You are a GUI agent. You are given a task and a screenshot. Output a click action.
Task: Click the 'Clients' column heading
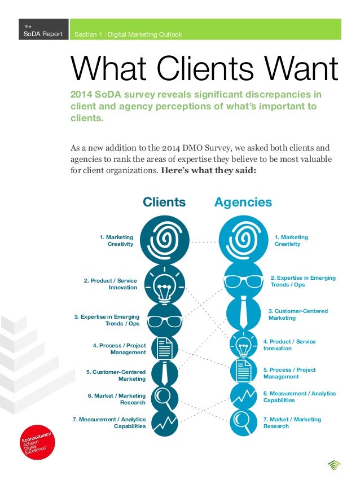click(164, 202)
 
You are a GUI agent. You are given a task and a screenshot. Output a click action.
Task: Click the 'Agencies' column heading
click(243, 202)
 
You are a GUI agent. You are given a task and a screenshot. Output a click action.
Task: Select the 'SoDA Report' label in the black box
click(39, 35)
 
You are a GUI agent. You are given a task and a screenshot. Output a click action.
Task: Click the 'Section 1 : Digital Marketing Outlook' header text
click(129, 35)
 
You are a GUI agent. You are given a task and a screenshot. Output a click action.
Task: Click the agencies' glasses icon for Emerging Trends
click(243, 280)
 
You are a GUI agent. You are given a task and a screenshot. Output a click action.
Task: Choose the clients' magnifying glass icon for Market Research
click(165, 397)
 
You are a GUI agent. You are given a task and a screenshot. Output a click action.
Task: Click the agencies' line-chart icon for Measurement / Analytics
click(243, 394)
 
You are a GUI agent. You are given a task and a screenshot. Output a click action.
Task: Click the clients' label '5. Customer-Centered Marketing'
click(116, 376)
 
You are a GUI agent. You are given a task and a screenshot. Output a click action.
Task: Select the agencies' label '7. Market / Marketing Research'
click(292, 423)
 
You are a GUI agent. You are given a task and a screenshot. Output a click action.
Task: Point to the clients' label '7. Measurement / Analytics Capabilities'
click(109, 423)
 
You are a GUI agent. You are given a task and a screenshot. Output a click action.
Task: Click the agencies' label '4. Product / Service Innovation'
click(289, 345)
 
